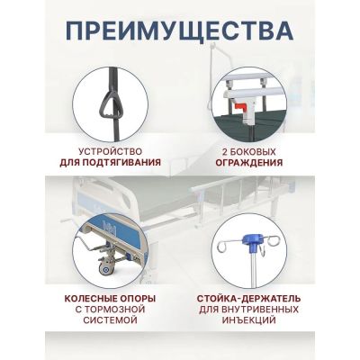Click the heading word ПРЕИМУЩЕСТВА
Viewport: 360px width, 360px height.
pyautogui.click(x=179, y=31)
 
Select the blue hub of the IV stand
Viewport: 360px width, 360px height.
pyautogui.click(x=251, y=242)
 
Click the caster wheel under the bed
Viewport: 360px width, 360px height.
pyautogui.click(x=105, y=268)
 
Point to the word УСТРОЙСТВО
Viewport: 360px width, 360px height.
pyautogui.click(x=110, y=151)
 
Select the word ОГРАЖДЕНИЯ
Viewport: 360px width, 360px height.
pyautogui.click(x=249, y=163)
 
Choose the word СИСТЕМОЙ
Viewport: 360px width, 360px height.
pyautogui.click(x=110, y=319)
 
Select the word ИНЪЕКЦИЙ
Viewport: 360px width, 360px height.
pyautogui.click(x=248, y=319)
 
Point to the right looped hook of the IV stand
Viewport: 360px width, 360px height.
pyautogui.click(x=273, y=242)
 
